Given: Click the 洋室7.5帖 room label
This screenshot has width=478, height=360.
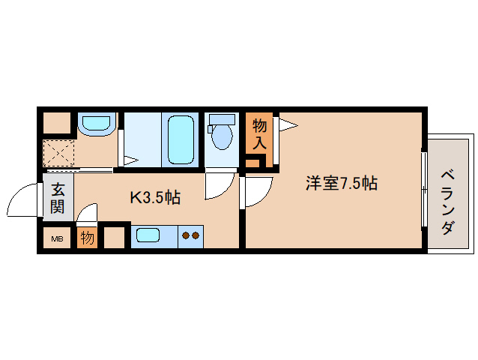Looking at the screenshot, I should coord(340,182).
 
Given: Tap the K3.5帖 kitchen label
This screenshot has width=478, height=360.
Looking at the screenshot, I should coord(155,198).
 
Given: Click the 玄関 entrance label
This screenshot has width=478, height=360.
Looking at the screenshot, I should coord(58,198).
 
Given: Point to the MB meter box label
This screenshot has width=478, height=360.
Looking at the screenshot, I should coord(57,240).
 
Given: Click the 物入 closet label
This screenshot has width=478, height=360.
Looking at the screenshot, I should coord(259,133).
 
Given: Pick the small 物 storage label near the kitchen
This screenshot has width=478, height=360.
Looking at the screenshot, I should coord(87,238).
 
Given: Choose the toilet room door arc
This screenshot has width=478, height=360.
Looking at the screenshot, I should coord(220,187).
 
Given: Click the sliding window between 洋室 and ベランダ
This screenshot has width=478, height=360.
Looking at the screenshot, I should coord(424,191).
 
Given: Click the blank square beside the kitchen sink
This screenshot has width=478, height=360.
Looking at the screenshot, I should coord(115,237).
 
